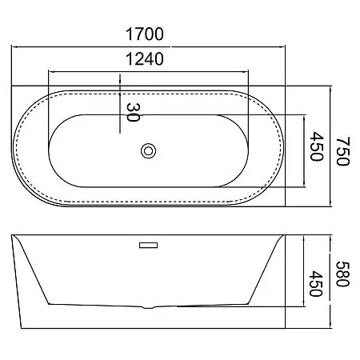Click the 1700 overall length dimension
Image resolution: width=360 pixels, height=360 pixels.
pos(145,34)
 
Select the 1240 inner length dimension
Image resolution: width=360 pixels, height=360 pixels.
pos(145,59)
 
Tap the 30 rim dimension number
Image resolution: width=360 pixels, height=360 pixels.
pos(133,112)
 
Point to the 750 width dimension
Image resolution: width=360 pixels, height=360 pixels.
pos(342,151)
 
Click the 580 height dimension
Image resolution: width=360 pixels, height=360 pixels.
pos(342,274)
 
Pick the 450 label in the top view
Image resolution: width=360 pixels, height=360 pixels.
pos(317,146)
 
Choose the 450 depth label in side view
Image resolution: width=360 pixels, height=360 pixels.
pos(316,284)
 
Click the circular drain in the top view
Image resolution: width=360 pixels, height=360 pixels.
pos(149,151)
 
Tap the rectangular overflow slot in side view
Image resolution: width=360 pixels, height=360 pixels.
pos(148,245)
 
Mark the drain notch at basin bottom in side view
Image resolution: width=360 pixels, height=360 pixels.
pos(148,307)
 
